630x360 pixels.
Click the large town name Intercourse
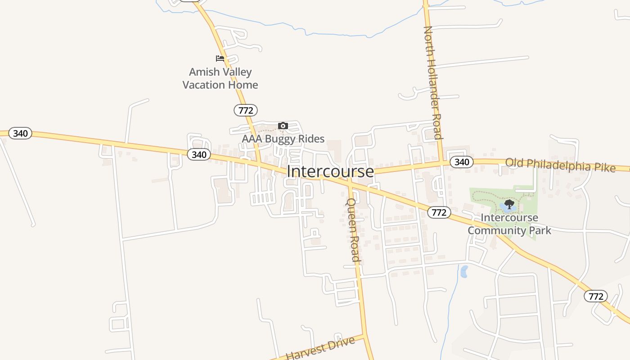click(x=330, y=171)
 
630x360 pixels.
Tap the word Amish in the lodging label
click(x=204, y=72)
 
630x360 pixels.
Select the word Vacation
click(x=205, y=85)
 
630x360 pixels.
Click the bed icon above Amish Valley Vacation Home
click(x=220, y=58)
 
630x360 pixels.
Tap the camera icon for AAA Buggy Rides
click(x=283, y=126)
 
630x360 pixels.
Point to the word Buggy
click(x=282, y=139)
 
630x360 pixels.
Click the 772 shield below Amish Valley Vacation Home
click(x=246, y=110)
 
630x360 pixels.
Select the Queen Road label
click(x=352, y=229)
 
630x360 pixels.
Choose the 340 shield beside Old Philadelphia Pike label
click(x=461, y=162)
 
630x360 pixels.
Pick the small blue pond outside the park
click(x=464, y=271)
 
